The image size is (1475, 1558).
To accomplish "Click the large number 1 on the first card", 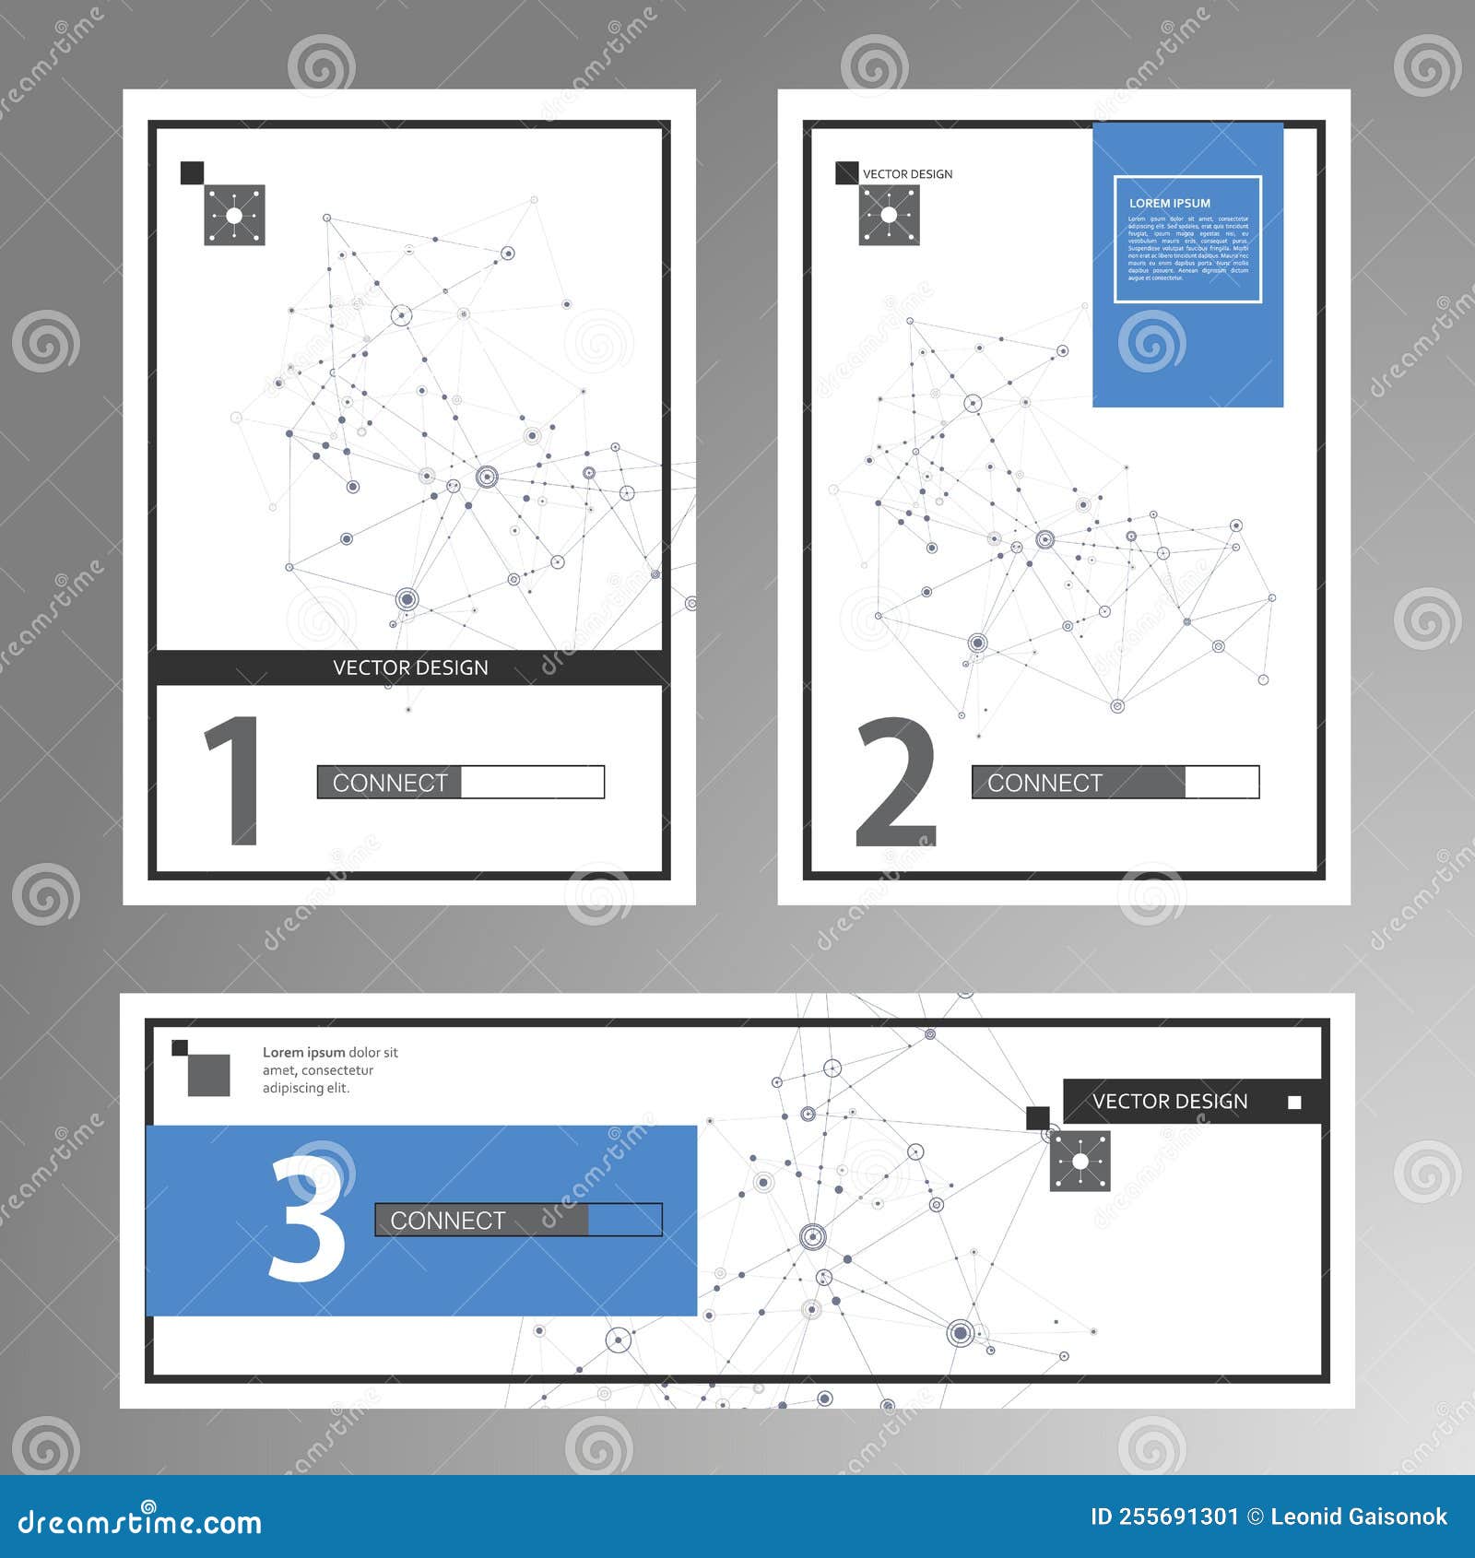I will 234,780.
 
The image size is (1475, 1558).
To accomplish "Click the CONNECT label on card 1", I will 389,783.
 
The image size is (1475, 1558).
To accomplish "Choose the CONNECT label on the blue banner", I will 447,1220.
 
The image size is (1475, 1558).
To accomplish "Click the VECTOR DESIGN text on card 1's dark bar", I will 410,667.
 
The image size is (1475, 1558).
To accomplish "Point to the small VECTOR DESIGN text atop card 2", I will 907,174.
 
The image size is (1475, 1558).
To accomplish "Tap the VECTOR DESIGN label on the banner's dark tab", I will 1169,1102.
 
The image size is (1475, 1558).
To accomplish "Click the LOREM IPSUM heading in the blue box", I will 1169,203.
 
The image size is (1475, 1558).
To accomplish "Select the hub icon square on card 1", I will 234,216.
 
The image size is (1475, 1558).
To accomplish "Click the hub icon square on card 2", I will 889,216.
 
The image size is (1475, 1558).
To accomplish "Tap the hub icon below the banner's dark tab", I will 1080,1162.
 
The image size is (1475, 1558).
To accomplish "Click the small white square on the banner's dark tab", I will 1294,1103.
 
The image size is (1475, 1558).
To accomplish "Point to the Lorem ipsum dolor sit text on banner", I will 329,1069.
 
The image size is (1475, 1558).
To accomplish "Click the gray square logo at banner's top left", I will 207,1075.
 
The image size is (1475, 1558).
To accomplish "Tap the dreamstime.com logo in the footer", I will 140,1522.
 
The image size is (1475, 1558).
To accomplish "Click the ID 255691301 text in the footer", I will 1163,1517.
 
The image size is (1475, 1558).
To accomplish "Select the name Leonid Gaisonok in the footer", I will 1358,1517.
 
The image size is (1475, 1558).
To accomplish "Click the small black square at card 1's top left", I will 192,172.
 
